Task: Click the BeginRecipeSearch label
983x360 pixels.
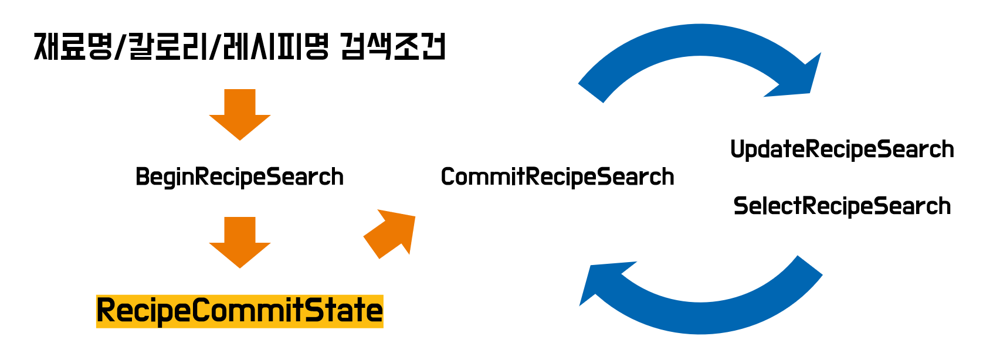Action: click(x=239, y=177)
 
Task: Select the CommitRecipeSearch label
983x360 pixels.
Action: click(x=557, y=177)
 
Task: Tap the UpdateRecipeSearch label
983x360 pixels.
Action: click(x=842, y=150)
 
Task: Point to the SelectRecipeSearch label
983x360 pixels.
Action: click(x=842, y=206)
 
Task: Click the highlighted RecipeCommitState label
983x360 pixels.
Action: click(x=239, y=311)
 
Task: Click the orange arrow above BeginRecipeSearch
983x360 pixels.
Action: click(x=240, y=114)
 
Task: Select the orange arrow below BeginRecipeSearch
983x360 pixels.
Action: click(x=240, y=242)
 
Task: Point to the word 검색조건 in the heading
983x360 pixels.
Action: click(x=393, y=47)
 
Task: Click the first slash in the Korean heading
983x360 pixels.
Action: click(x=120, y=47)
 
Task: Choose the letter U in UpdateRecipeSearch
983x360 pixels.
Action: click(x=738, y=150)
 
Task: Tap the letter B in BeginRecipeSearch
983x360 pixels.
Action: click(x=142, y=177)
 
